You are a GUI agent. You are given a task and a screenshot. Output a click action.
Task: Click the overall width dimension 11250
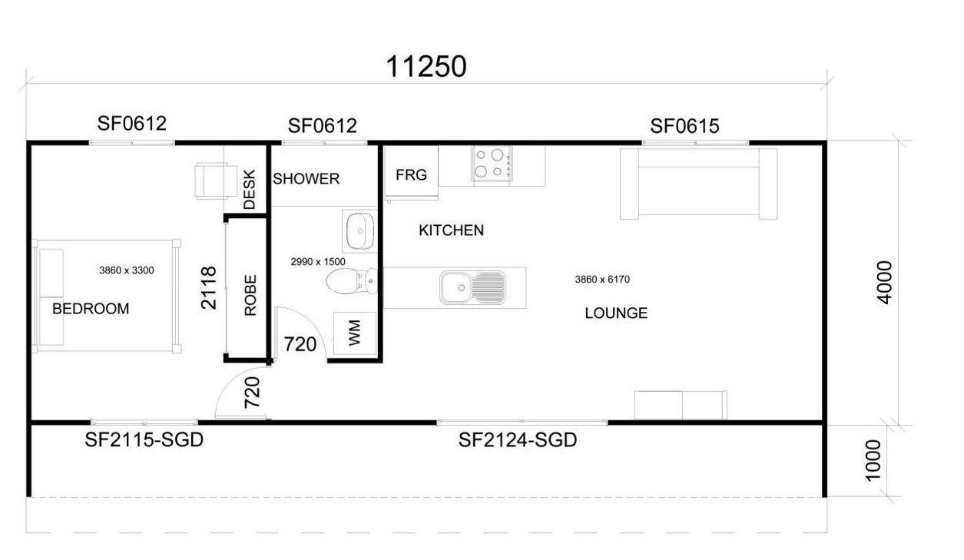[426, 67]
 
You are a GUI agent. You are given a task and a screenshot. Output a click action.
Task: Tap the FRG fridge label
[411, 174]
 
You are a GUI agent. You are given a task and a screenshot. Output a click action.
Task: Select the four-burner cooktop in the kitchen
[492, 163]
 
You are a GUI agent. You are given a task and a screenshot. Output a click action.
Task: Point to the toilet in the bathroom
[348, 281]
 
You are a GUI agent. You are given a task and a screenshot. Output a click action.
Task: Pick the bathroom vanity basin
[359, 231]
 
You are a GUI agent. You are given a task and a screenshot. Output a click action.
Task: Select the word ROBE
[250, 295]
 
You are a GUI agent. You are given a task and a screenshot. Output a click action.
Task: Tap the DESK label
[250, 189]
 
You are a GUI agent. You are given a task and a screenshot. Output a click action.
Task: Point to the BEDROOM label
[91, 309]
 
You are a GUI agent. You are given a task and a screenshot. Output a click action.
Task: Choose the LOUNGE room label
[616, 313]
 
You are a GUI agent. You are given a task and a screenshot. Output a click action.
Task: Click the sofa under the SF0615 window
[698, 184]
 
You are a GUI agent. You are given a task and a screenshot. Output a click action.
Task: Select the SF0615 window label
[684, 126]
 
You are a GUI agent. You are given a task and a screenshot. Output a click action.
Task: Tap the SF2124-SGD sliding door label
[518, 440]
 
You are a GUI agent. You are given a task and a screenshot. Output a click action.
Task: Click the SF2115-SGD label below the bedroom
[144, 440]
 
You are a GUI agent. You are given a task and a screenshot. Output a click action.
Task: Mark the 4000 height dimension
[884, 283]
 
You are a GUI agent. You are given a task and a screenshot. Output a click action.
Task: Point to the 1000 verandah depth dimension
[873, 460]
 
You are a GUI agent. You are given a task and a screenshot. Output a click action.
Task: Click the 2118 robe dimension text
[209, 287]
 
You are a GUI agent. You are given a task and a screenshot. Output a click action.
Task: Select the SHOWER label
[306, 179]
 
